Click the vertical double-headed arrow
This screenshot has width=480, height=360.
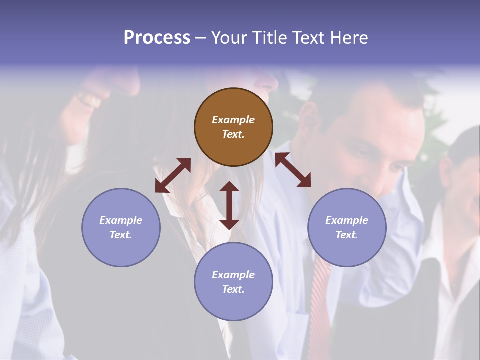click(x=229, y=205)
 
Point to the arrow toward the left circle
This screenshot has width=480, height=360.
click(x=173, y=175)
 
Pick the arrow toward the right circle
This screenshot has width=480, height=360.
click(x=293, y=170)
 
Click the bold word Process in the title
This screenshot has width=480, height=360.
click(x=157, y=38)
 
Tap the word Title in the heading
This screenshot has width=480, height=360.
click(x=270, y=38)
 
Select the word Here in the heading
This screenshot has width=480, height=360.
click(x=349, y=38)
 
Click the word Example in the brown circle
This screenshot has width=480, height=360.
click(x=233, y=120)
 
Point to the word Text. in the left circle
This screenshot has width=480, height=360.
click(x=121, y=235)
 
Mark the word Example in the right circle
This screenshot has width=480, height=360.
click(x=347, y=220)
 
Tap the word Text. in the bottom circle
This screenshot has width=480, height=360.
click(x=233, y=289)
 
